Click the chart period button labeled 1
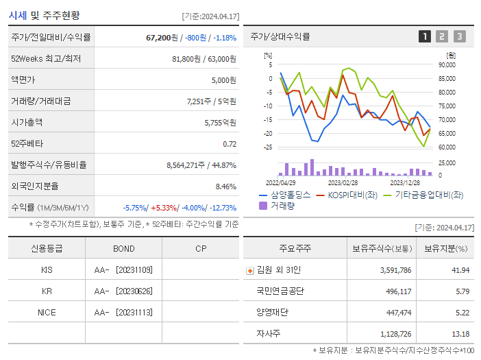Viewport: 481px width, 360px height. click(425, 36)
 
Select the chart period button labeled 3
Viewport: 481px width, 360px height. click(459, 36)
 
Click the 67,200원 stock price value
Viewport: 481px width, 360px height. click(164, 37)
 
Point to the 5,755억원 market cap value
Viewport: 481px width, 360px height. click(220, 122)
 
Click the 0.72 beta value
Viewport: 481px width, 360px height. click(230, 143)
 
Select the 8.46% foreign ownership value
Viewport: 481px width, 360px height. click(225, 186)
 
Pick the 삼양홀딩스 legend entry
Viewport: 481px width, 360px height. click(285, 195)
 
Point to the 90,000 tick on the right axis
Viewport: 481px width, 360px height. click(446, 65)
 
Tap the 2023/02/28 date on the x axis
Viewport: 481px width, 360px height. click(343, 182)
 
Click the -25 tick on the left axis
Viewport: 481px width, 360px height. click(268, 147)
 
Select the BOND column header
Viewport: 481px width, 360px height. click(123, 248)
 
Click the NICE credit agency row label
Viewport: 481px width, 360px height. click(47, 312)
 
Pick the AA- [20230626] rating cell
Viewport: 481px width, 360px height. click(123, 291)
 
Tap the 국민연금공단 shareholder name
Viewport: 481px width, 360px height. click(280, 291)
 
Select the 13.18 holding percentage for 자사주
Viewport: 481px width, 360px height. click(461, 334)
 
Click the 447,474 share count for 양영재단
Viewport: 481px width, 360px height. click(395, 313)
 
